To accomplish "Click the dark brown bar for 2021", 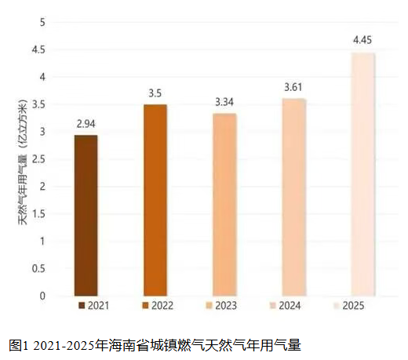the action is point(86,216).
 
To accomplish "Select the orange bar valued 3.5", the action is point(155,200).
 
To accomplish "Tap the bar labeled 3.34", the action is point(224,205).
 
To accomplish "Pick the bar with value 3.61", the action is point(294,197).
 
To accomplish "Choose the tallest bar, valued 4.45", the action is point(363,174).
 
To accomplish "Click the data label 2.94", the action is point(86,124).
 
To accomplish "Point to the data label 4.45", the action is point(362,40).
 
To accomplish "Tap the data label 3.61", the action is point(293,87).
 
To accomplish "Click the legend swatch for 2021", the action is point(82,305).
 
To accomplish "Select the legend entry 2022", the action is point(158,305).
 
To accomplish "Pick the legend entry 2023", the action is point(221,305).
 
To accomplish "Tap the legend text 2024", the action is point(290,305).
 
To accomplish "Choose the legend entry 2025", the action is point(348,305).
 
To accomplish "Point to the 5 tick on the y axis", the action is point(42,22).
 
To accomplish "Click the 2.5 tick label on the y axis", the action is point(38,159).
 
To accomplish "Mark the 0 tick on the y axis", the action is point(42,296).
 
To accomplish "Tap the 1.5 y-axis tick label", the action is point(38,214).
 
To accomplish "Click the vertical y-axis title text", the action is point(23,162).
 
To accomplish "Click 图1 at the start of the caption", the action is point(18,345).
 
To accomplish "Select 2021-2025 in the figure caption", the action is point(64,346).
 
